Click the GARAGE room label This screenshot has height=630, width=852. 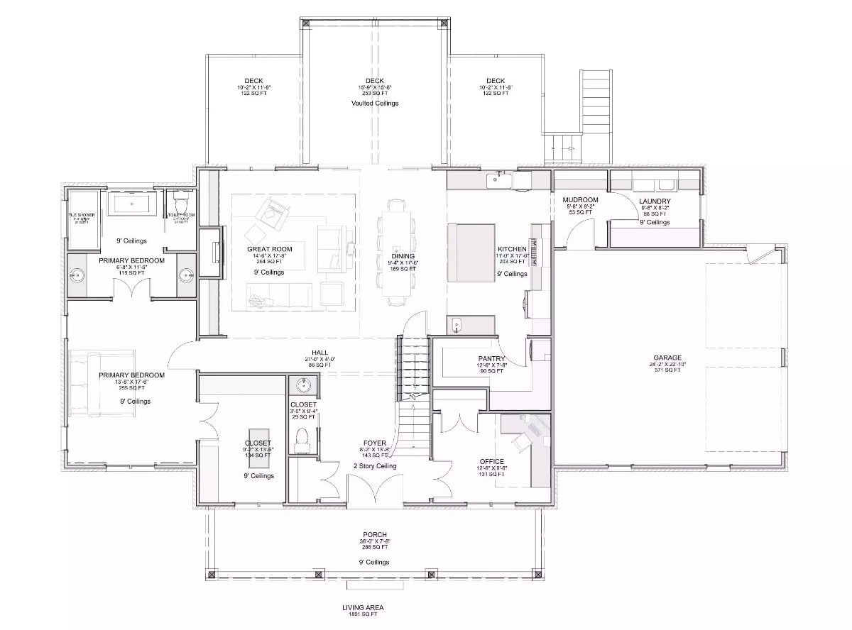click(x=667, y=358)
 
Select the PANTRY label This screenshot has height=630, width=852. click(x=491, y=358)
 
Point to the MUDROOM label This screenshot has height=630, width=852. click(x=580, y=200)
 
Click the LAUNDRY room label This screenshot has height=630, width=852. click(x=654, y=201)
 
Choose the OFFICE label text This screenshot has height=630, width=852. click(x=491, y=461)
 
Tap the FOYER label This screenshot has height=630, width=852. click(x=375, y=443)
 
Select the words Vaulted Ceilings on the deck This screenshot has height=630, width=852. click(x=375, y=103)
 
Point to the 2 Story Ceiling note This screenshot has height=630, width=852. click(x=375, y=466)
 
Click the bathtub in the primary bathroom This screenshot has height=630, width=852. click(x=133, y=206)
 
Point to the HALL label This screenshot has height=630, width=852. click(x=319, y=352)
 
